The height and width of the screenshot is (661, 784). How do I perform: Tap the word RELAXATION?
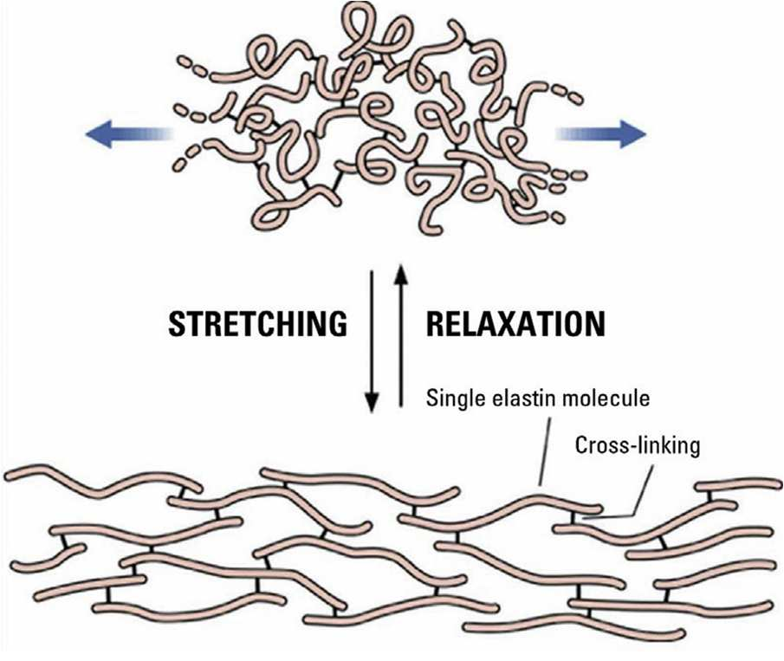515,324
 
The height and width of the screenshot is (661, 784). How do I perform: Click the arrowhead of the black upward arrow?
401,276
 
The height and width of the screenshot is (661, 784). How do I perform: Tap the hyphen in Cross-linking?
621,446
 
